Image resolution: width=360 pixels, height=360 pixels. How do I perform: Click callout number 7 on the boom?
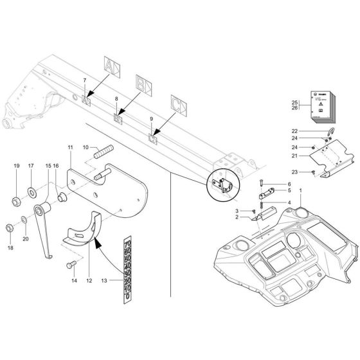[84, 79]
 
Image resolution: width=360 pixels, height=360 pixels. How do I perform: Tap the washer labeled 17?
[31, 192]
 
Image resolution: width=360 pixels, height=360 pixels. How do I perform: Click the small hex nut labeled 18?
[10, 228]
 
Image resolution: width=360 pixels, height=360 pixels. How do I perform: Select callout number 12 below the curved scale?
[89, 280]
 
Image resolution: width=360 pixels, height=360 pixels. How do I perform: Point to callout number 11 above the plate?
[70, 147]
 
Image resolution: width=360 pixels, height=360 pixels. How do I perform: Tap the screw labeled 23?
[312, 172]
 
